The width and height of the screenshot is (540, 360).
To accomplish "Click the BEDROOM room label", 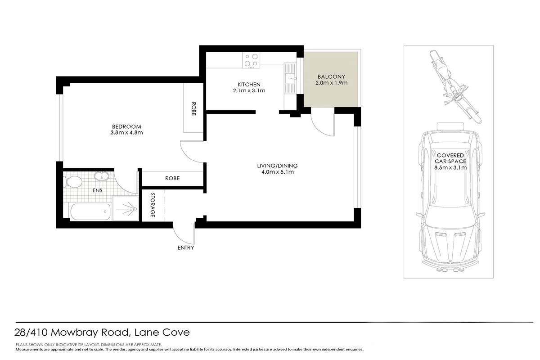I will click(126, 126).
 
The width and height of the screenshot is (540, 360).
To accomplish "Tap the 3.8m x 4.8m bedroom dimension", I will click(126, 133).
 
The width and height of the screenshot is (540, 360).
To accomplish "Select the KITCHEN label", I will click(249, 84).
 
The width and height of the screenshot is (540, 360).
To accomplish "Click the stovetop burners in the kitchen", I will click(251, 60).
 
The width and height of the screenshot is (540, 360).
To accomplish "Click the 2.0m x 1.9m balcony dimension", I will click(331, 83).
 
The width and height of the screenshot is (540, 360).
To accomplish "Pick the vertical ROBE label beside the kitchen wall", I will click(193, 108).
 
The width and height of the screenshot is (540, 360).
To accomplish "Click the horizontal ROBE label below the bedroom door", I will click(172, 178).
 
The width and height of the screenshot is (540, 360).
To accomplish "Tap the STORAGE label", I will click(153, 205).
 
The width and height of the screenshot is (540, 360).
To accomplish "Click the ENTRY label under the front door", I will click(186, 247).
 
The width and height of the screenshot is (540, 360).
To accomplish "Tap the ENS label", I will click(97, 190).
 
